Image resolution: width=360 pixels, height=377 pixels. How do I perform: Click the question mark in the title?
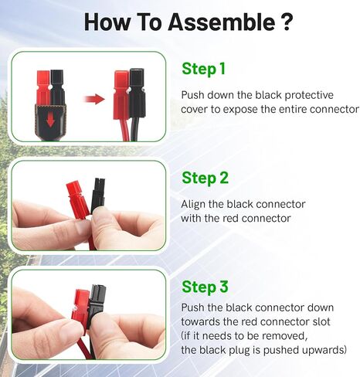click(285, 22)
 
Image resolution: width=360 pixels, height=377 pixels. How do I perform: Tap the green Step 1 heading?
click(204, 69)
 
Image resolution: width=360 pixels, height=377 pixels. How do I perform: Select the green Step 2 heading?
click(205, 178)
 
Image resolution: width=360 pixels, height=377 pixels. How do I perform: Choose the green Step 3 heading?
click(205, 287)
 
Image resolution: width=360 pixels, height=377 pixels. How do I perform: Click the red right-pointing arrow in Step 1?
click(94, 99)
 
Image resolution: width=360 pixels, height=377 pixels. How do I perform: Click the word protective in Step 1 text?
click(306, 94)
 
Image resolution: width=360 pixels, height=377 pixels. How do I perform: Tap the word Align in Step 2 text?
click(194, 204)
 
